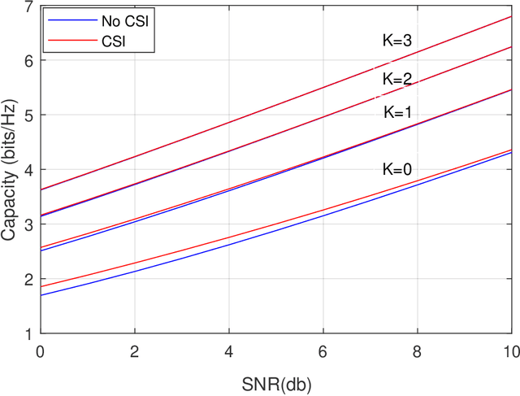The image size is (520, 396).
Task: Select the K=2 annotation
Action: tap(398, 79)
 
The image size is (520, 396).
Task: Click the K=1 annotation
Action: tap(398, 113)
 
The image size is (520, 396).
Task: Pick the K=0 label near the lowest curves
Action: tap(398, 169)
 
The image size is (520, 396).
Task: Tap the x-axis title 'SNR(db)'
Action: tap(276, 381)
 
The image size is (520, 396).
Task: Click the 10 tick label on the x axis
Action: tap(510, 350)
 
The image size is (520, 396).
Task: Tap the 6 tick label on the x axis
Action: tap(323, 350)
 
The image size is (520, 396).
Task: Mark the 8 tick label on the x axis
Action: tap(417, 350)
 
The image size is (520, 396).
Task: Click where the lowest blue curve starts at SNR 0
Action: tap(41, 295)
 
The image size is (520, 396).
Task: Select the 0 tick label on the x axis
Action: tap(41, 350)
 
